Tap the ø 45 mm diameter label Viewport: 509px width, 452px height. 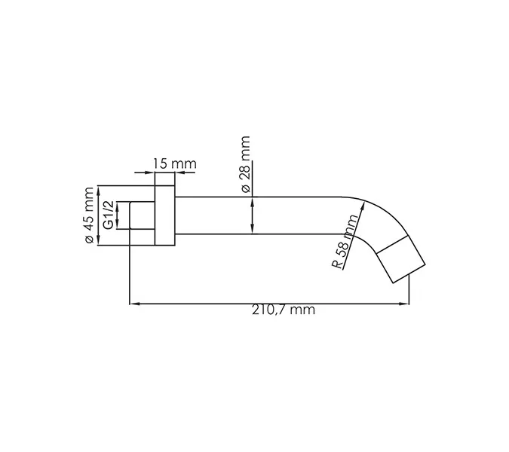[88, 217]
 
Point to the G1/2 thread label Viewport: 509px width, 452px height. [109, 215]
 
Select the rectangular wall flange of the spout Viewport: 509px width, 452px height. [165, 215]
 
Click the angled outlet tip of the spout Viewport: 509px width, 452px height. [401, 260]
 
